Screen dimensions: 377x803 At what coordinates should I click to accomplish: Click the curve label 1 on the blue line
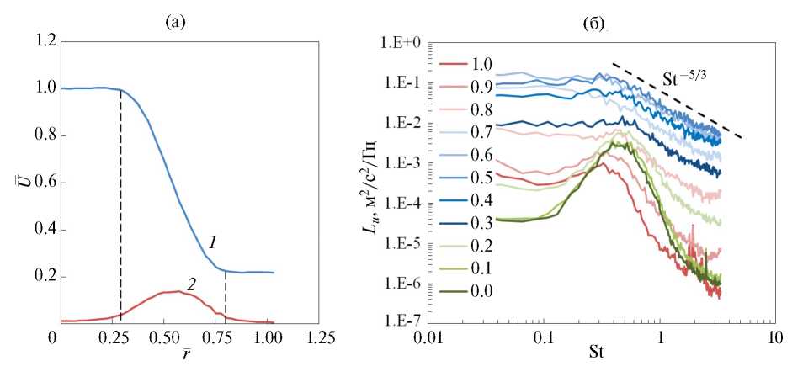(x=214, y=243)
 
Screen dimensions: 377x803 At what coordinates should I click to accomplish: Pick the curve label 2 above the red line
(x=191, y=284)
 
